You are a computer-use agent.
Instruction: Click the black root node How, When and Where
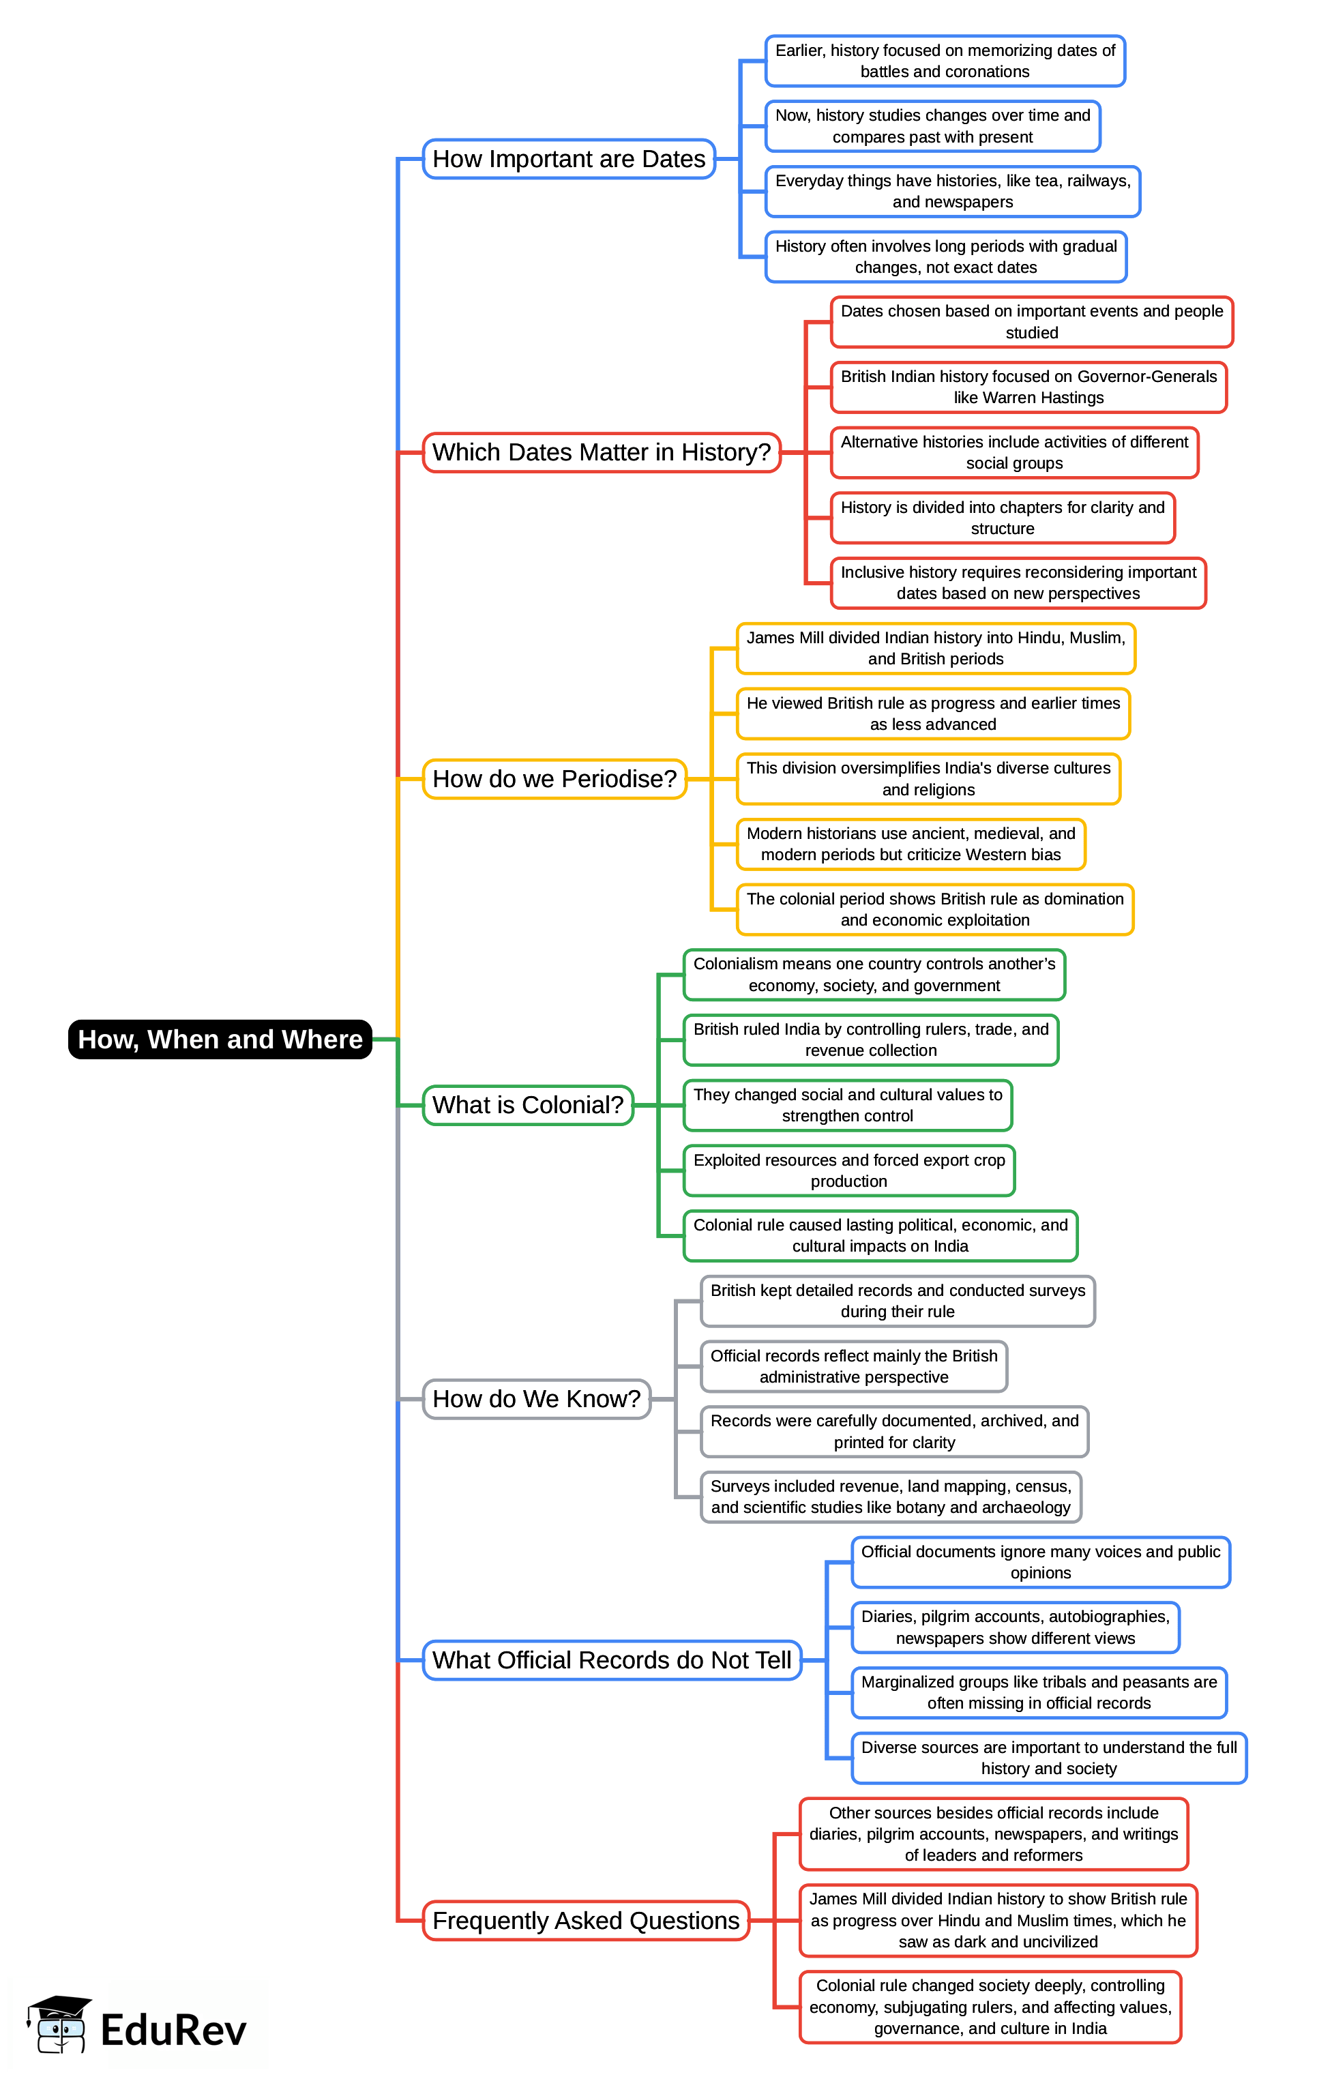220,1039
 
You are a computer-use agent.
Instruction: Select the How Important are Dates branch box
569,159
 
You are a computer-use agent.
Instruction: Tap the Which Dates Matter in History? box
602,452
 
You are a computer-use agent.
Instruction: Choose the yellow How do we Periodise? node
554,779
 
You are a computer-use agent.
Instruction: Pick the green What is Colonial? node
527,1105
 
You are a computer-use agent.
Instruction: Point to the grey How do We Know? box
536,1399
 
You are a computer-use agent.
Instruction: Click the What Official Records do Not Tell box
611,1660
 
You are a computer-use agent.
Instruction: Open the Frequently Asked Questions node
585,1921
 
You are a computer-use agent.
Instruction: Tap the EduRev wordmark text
173,2030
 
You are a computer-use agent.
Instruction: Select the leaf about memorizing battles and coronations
945,61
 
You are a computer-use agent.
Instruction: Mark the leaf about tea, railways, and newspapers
952,192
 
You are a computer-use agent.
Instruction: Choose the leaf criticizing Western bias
911,844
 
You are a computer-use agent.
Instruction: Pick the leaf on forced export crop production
848,1170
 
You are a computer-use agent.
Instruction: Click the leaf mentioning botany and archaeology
891,1497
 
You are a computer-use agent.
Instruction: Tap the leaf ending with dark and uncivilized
998,1921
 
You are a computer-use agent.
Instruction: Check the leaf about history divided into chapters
1002,518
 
